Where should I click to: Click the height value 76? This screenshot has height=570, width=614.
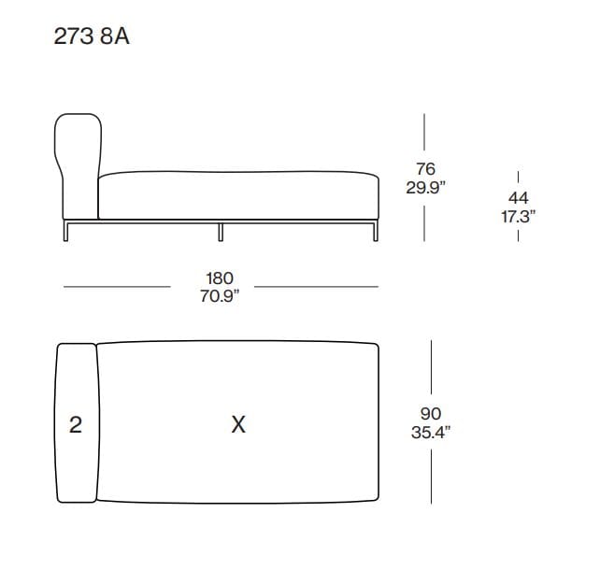tap(425, 170)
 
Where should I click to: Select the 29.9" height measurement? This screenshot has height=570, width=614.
tap(425, 188)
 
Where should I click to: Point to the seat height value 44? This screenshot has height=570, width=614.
tap(518, 198)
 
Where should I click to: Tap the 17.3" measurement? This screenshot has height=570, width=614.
tap(518, 216)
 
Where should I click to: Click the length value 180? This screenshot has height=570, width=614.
tap(220, 278)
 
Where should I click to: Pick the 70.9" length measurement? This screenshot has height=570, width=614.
tap(220, 296)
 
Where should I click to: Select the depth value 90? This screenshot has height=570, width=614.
tap(431, 414)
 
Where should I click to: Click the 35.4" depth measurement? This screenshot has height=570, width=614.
tap(431, 432)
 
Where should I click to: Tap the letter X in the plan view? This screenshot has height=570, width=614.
tap(238, 424)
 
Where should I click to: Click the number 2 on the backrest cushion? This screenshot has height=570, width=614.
tap(76, 424)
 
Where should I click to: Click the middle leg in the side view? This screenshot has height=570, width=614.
tap(221, 231)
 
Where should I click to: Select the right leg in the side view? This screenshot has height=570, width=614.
tap(375, 231)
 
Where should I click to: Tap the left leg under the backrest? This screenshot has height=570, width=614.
tap(65, 231)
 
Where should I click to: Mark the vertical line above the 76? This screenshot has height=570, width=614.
tap(425, 135)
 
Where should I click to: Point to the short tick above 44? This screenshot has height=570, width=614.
tap(518, 177)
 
